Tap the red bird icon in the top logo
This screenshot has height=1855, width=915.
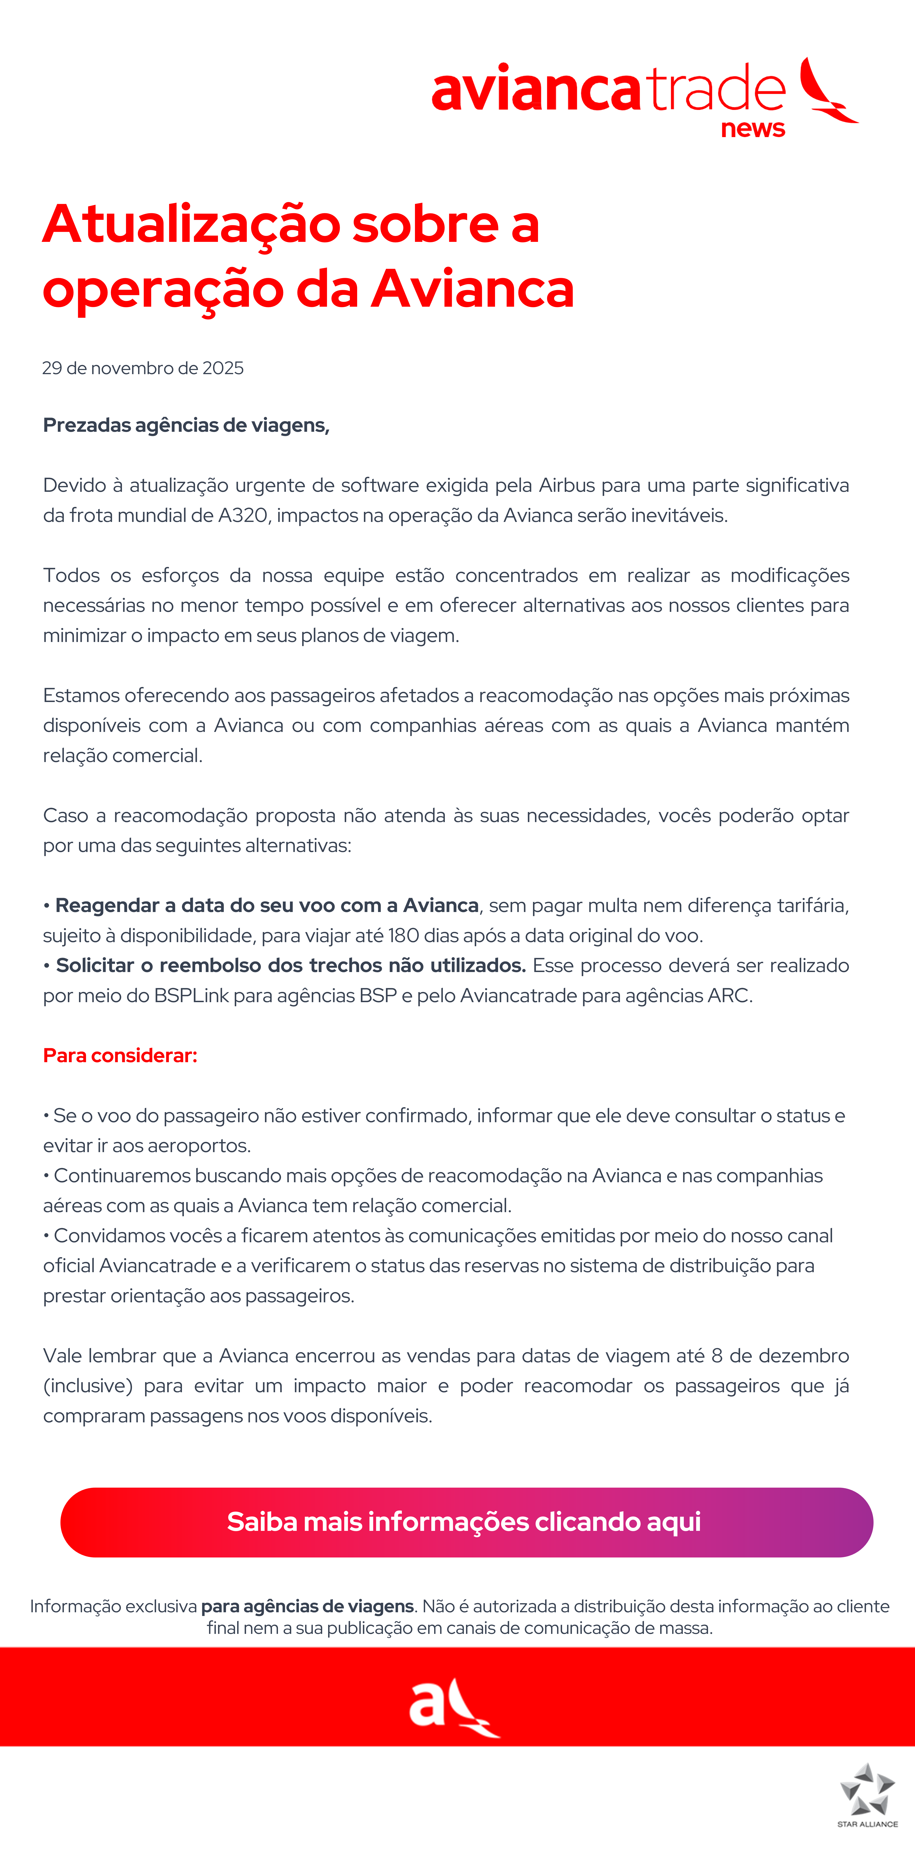click(x=828, y=91)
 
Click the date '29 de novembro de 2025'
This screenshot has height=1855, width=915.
click(x=142, y=368)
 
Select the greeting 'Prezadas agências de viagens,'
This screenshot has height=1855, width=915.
click(x=186, y=425)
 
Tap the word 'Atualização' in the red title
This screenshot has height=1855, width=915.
click(x=191, y=225)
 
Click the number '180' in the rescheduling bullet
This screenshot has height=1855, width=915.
click(x=403, y=935)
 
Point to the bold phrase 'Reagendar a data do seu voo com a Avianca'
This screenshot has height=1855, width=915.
click(x=266, y=905)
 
